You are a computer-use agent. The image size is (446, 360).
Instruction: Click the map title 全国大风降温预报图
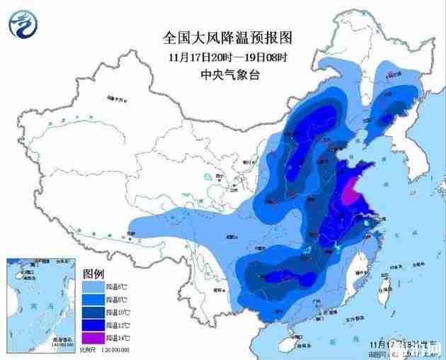tap(227, 37)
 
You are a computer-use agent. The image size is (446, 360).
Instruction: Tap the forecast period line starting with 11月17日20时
tap(227, 57)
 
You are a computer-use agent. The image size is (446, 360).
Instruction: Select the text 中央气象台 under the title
tap(227, 74)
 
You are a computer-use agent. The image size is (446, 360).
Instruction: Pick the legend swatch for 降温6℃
tap(93, 286)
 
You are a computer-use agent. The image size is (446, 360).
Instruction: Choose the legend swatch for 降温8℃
tap(93, 300)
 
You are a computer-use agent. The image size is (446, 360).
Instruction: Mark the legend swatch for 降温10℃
tap(93, 313)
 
